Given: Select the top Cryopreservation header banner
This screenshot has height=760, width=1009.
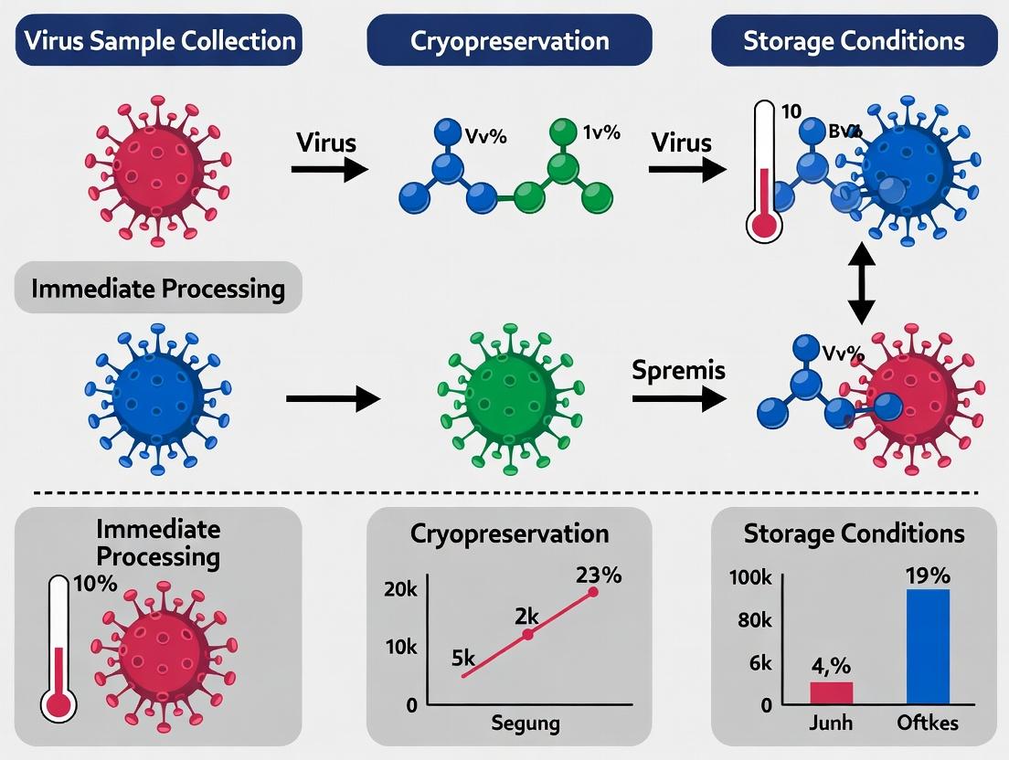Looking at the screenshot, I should tap(509, 40).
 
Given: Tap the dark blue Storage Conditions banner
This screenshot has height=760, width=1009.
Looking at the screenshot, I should tap(854, 40).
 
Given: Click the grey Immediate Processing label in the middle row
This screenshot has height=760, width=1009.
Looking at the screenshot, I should tap(158, 289).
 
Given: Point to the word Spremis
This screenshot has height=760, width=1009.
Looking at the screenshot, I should tap(678, 370).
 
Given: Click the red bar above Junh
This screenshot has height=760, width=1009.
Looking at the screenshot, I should tap(831, 692).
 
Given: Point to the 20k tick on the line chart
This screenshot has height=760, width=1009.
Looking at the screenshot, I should tap(399, 590).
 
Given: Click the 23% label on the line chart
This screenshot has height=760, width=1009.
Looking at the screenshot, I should tap(599, 575).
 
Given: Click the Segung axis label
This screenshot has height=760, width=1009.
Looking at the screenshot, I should tap(525, 724).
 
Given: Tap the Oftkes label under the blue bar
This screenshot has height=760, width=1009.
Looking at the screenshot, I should tap(928, 723).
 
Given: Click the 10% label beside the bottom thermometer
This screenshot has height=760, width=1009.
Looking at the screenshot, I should tap(95, 583).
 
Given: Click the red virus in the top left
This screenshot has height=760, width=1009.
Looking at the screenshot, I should tap(158, 169).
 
